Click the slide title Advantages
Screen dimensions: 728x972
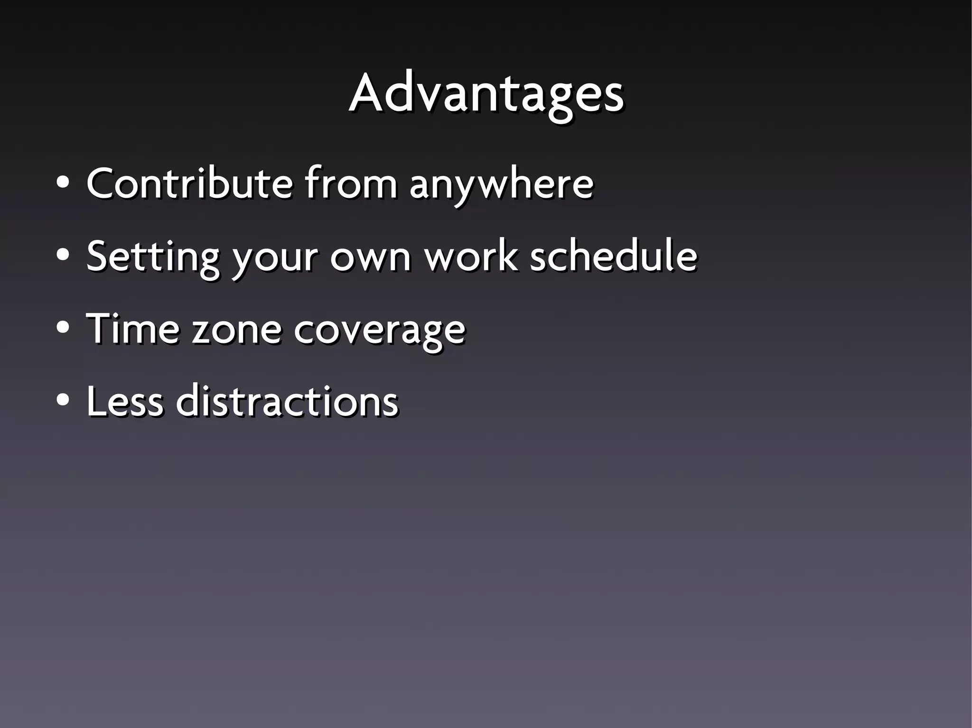[486, 94]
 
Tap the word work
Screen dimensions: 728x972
[470, 256]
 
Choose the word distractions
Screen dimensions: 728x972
[287, 401]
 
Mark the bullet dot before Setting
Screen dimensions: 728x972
[63, 256]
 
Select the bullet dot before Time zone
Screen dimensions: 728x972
[63, 328]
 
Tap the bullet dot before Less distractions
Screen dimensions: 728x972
[63, 401]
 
